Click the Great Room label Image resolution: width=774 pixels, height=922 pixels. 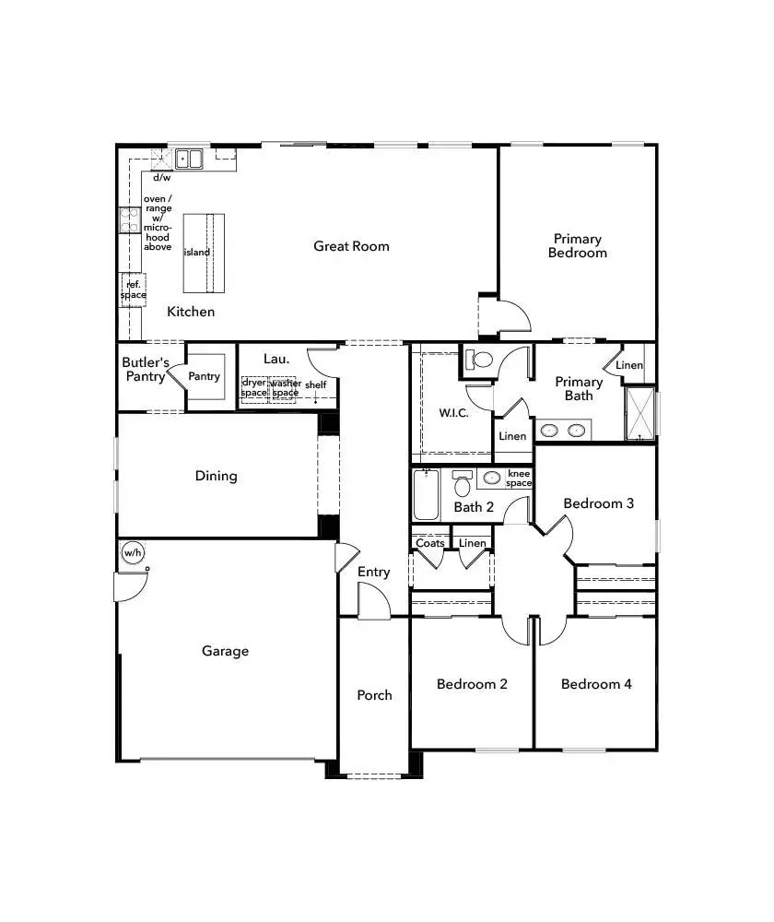click(x=351, y=246)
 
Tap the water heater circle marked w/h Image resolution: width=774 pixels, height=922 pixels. click(x=133, y=553)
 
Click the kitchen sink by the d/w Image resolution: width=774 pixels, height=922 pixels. click(x=191, y=160)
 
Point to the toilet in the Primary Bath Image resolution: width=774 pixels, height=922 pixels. click(x=479, y=360)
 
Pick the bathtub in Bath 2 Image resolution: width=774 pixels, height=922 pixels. click(x=426, y=495)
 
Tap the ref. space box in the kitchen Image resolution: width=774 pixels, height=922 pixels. click(x=133, y=290)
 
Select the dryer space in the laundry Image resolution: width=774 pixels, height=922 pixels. click(x=254, y=388)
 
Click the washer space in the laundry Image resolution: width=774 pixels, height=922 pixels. click(x=285, y=388)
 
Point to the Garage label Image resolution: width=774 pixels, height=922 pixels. click(x=226, y=651)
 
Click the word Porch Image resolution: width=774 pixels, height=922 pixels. click(x=374, y=695)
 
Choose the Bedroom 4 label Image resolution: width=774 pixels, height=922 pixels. click(x=596, y=684)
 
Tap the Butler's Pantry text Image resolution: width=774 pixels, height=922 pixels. click(x=146, y=369)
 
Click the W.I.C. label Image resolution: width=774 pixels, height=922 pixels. click(x=453, y=413)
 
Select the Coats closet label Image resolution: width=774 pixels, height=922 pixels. click(x=430, y=543)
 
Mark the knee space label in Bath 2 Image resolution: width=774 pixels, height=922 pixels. click(x=519, y=479)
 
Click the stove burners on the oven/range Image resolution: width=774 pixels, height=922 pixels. click(x=129, y=220)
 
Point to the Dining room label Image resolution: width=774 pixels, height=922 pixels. click(x=217, y=476)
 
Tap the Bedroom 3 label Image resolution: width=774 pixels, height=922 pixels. click(x=598, y=503)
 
